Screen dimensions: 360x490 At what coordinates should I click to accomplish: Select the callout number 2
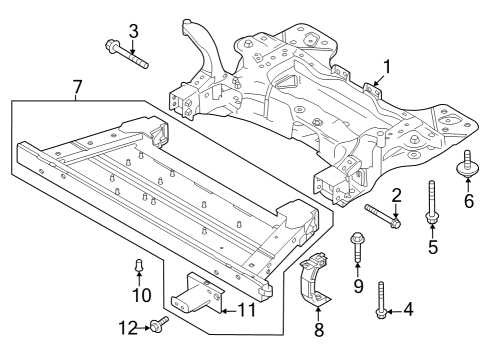(x=396, y=196)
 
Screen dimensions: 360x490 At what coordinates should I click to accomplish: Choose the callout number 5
(x=433, y=246)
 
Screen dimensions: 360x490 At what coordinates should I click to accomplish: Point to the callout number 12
(x=127, y=326)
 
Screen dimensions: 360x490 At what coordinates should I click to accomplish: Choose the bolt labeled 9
(x=357, y=250)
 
